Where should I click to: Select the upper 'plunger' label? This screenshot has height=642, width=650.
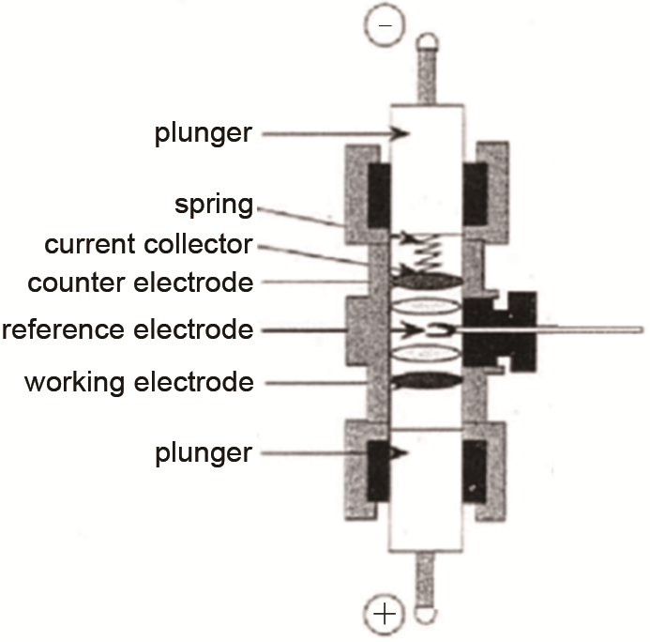pyautogui.click(x=204, y=134)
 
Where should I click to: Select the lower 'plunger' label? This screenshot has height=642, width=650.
pyautogui.click(x=204, y=453)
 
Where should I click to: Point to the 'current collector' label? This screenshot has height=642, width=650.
pyautogui.click(x=148, y=245)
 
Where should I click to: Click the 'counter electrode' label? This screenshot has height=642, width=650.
pyautogui.click(x=141, y=282)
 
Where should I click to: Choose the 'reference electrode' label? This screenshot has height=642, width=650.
pyautogui.click(x=128, y=329)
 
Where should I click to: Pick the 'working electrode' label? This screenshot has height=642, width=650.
pyautogui.click(x=139, y=383)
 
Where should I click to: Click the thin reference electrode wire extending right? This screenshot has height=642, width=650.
pyautogui.click(x=591, y=329)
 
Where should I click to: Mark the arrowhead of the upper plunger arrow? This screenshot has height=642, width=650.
pyautogui.click(x=404, y=134)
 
